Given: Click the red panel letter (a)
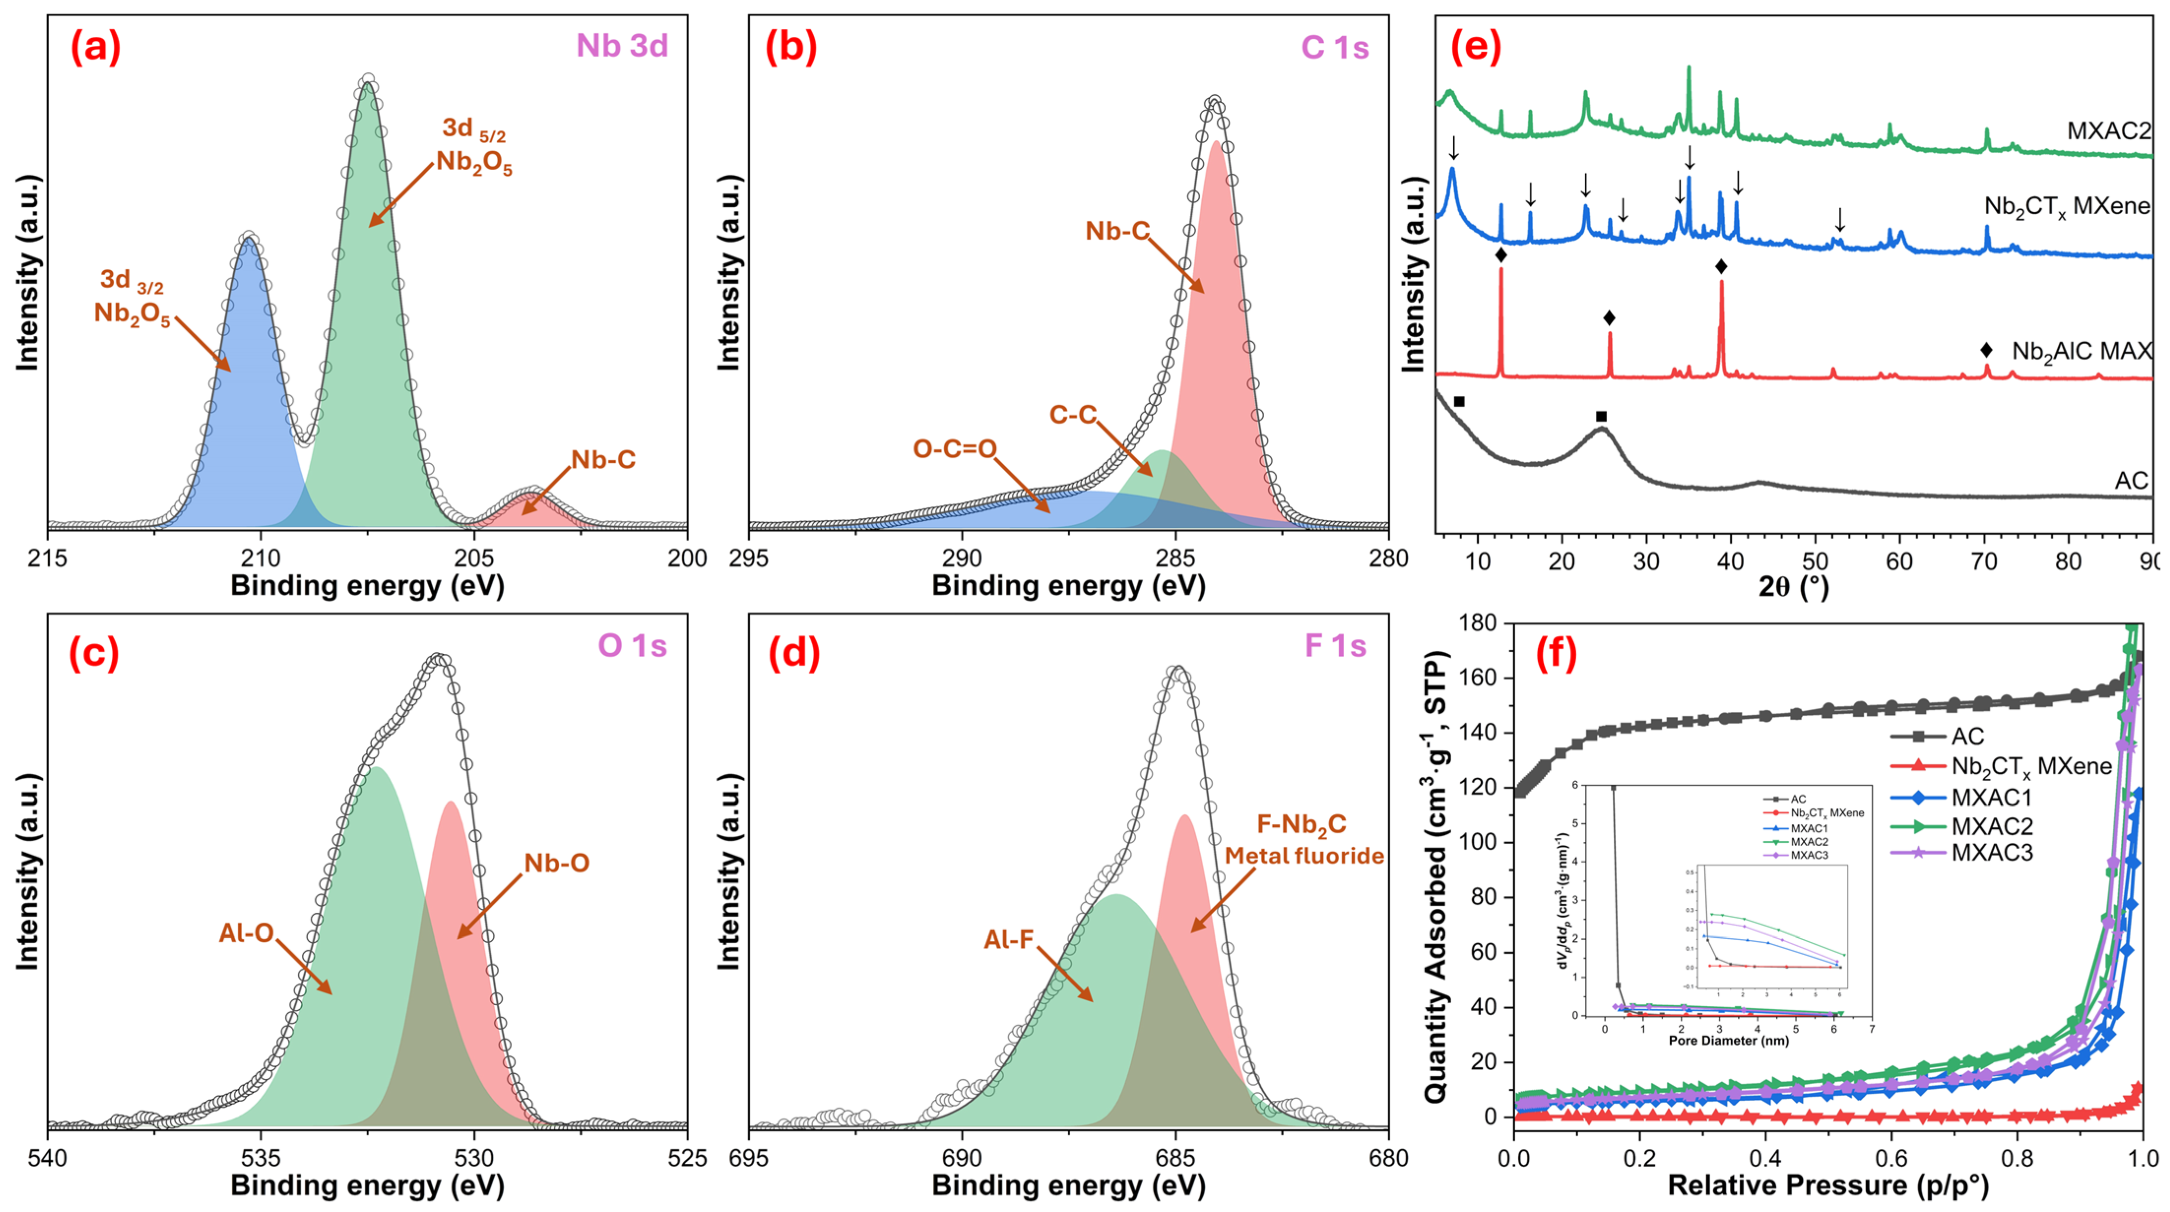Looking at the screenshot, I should [95, 47].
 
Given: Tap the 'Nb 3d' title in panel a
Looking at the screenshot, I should [622, 45].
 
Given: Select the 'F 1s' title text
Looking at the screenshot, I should [1335, 645].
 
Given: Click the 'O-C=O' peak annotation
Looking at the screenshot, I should [955, 448].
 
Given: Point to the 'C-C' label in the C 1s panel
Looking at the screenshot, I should [1072, 415].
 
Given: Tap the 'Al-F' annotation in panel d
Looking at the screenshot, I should [1008, 939].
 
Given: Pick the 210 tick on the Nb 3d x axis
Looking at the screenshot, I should [260, 558].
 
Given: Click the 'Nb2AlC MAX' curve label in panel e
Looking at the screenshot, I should [2081, 351].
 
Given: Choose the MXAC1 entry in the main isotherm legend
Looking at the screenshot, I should [1991, 797].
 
